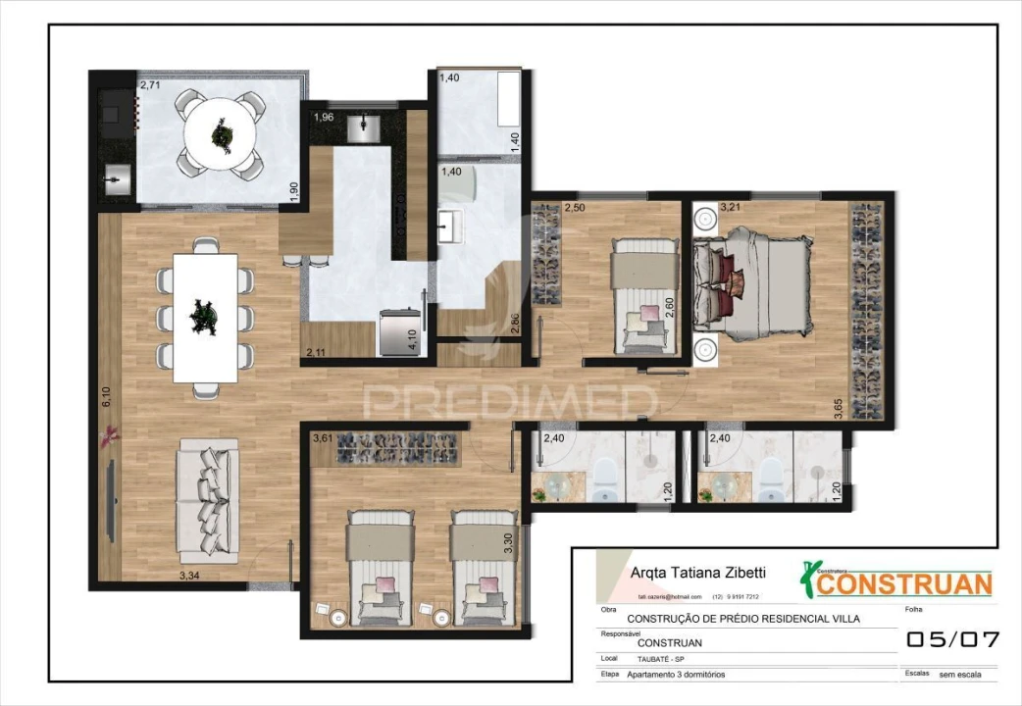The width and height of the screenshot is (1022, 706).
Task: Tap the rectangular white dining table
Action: tap(205, 317)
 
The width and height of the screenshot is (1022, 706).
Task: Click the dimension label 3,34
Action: tap(191, 576)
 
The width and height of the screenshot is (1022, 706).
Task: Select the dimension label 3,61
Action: tap(323, 439)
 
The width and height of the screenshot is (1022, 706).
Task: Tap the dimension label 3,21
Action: tap(731, 208)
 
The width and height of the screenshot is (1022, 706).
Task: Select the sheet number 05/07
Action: tap(951, 639)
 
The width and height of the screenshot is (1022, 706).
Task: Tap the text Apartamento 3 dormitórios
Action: tap(677, 675)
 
